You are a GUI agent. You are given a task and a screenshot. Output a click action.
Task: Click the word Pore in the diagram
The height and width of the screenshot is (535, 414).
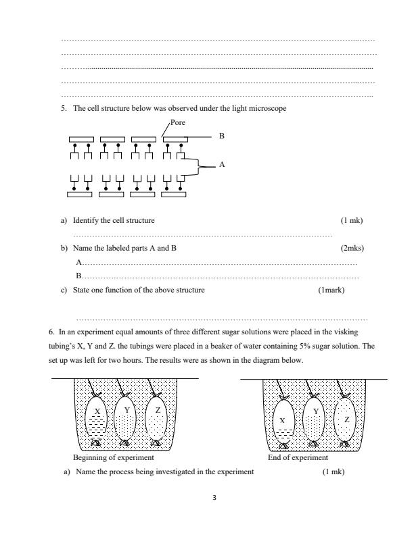coord(177,123)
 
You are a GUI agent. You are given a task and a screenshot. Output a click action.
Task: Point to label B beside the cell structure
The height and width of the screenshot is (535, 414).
coord(221,136)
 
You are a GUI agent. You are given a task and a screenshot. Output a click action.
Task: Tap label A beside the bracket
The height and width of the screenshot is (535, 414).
coord(221,164)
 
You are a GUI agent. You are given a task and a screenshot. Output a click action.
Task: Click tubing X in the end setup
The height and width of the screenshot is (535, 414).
coord(283,419)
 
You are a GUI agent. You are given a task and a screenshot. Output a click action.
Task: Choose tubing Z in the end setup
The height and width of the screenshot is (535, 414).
coord(346,418)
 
